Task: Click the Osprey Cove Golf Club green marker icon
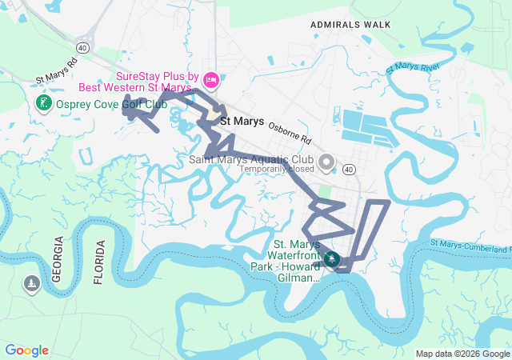click(43, 103)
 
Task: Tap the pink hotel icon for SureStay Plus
click(211, 78)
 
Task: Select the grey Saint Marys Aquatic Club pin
click(326, 163)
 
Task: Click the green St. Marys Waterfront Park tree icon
click(331, 260)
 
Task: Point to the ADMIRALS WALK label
click(350, 25)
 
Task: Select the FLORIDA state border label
click(99, 262)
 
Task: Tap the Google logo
click(26, 350)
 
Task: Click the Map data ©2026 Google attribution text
click(462, 354)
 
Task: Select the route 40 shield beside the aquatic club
click(349, 170)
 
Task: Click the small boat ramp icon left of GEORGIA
click(31, 284)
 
